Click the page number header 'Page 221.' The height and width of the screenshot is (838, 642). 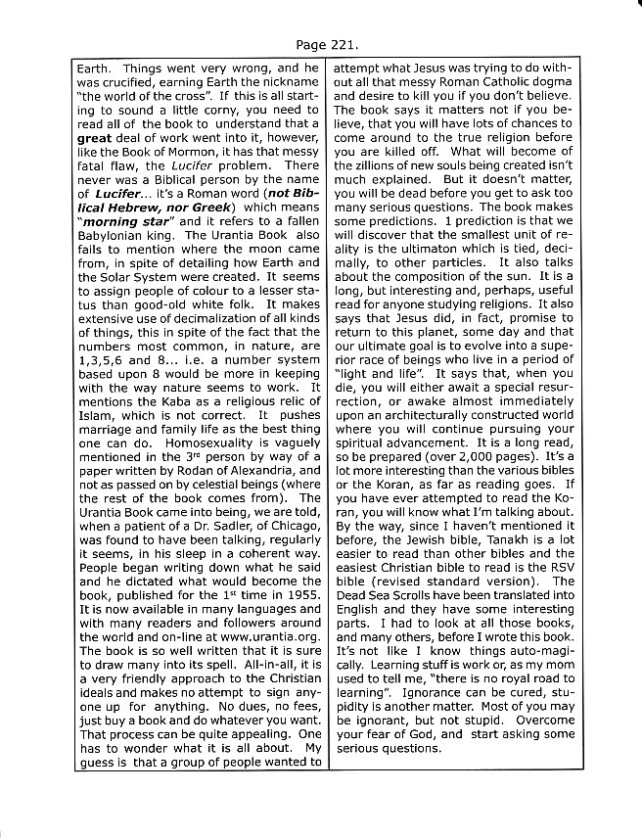click(x=321, y=45)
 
